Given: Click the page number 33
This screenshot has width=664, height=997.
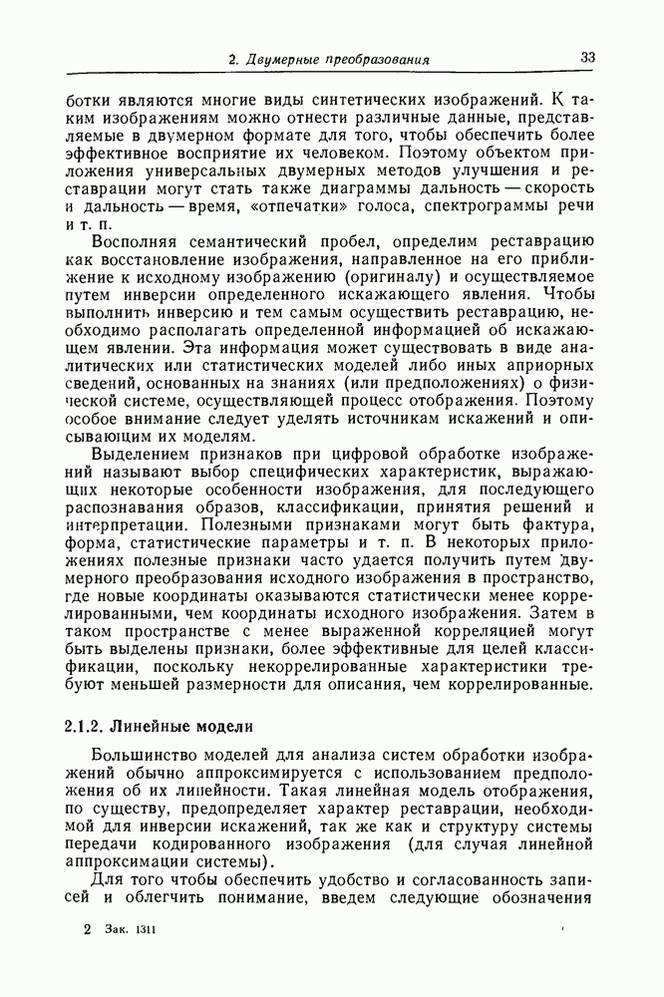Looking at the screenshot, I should point(587,58).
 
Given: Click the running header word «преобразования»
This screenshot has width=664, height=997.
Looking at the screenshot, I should point(371,60).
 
